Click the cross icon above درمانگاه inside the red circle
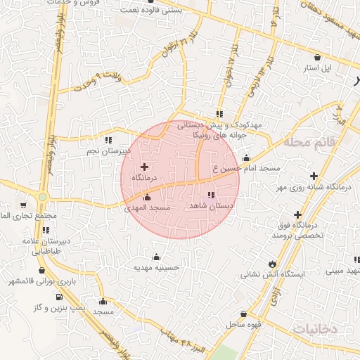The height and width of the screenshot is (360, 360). [145, 167]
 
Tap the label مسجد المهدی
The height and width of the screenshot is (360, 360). [148, 208]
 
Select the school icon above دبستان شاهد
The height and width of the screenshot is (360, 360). [210, 195]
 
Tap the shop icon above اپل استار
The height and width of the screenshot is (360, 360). [318, 58]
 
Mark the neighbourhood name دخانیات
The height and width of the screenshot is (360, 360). [314, 328]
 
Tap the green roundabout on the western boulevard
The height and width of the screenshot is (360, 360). [42, 197]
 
